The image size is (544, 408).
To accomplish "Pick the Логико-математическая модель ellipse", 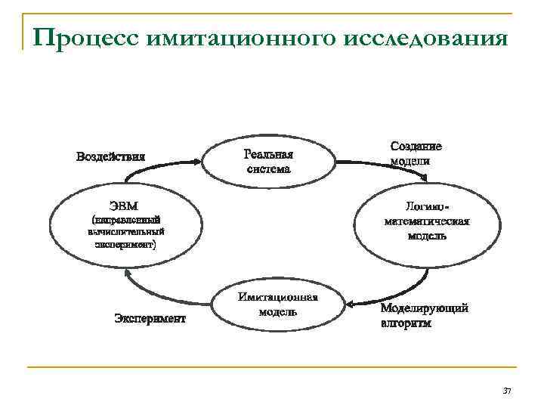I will click(426, 221).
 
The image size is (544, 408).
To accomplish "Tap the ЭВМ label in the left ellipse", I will click(123, 206).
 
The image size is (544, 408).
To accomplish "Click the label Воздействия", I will click(110, 156).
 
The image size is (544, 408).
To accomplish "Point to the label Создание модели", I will click(416, 153).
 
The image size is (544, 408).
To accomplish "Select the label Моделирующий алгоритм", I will click(424, 316).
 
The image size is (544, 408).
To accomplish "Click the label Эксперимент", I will click(150, 318).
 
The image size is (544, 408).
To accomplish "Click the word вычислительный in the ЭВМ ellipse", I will click(125, 233).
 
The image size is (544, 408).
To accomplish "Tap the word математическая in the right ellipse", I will click(426, 221).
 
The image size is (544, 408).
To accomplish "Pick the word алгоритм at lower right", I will click(406, 323).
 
